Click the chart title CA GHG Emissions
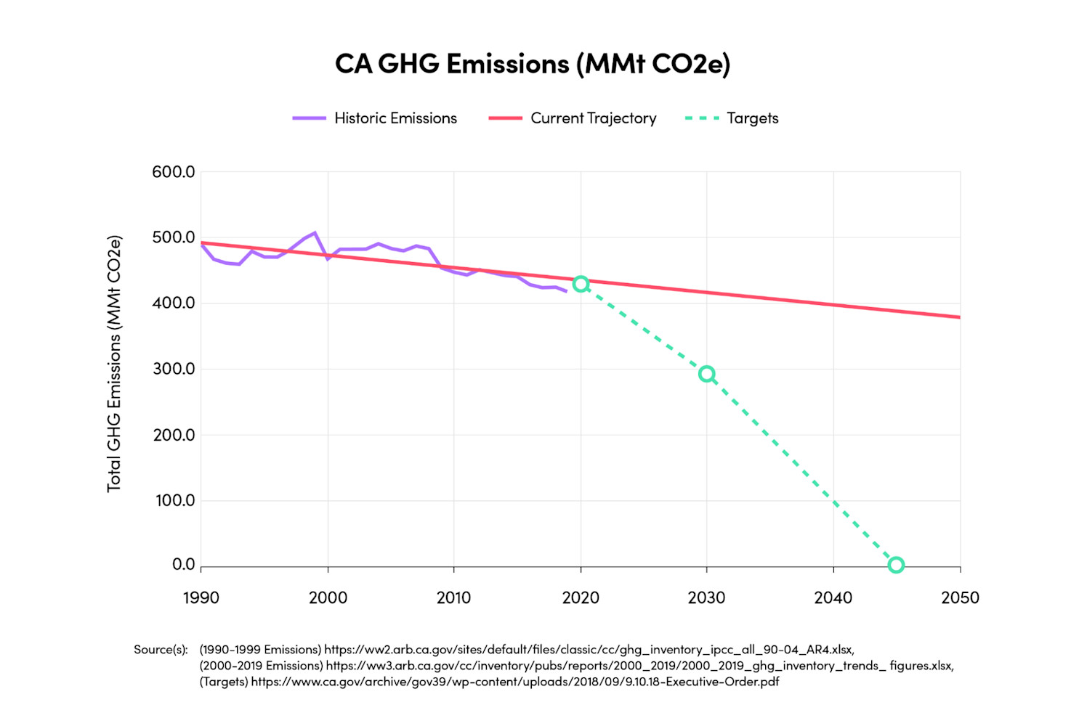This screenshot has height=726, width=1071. coord(532,64)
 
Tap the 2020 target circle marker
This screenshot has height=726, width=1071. coord(581,284)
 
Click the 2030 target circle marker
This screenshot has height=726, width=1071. coord(707,374)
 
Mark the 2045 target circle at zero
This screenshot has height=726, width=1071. coord(897,565)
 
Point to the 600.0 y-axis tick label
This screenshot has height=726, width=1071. coord(174,172)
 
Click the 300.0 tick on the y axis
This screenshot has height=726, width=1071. coord(174,369)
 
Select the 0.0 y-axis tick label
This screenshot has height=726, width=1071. coord(183,565)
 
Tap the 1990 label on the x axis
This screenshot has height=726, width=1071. coord(201,598)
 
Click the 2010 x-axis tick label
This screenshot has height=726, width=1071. coord(454,598)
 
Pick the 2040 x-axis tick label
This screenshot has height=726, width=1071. coord(833,598)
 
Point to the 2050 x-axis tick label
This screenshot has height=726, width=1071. coord(960,598)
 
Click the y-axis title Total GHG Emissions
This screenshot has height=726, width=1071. coord(114,363)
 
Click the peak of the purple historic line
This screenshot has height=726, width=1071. coord(315,233)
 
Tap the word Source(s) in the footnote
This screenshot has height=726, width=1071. coord(161,650)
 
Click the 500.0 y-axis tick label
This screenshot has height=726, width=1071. coord(174,237)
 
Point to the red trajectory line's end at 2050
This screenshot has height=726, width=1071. coord(959,317)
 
